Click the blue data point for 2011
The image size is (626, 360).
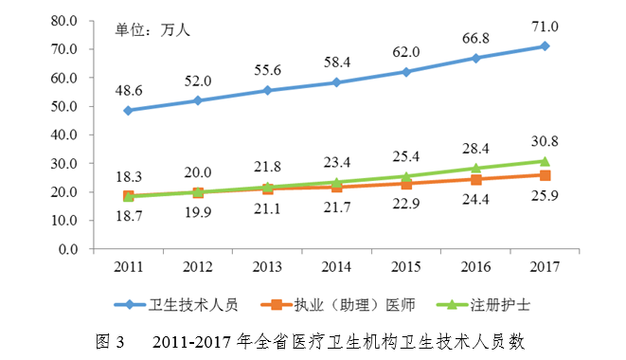(128, 110)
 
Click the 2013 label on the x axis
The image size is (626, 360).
(266, 265)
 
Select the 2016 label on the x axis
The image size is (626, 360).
(474, 265)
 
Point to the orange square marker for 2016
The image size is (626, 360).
(475, 180)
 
